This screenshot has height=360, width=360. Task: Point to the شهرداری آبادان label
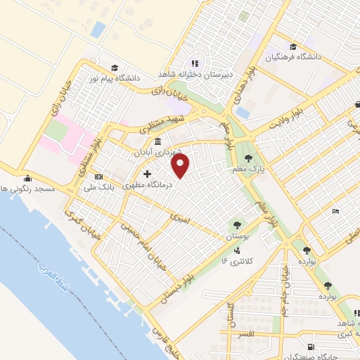pyautogui.click(x=160, y=152)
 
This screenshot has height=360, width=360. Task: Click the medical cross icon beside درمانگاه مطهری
pyautogui.click(x=147, y=174)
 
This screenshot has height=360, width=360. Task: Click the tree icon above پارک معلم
pyautogui.click(x=247, y=158)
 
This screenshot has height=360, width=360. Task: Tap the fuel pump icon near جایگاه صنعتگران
pyautogui.click(x=311, y=347)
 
